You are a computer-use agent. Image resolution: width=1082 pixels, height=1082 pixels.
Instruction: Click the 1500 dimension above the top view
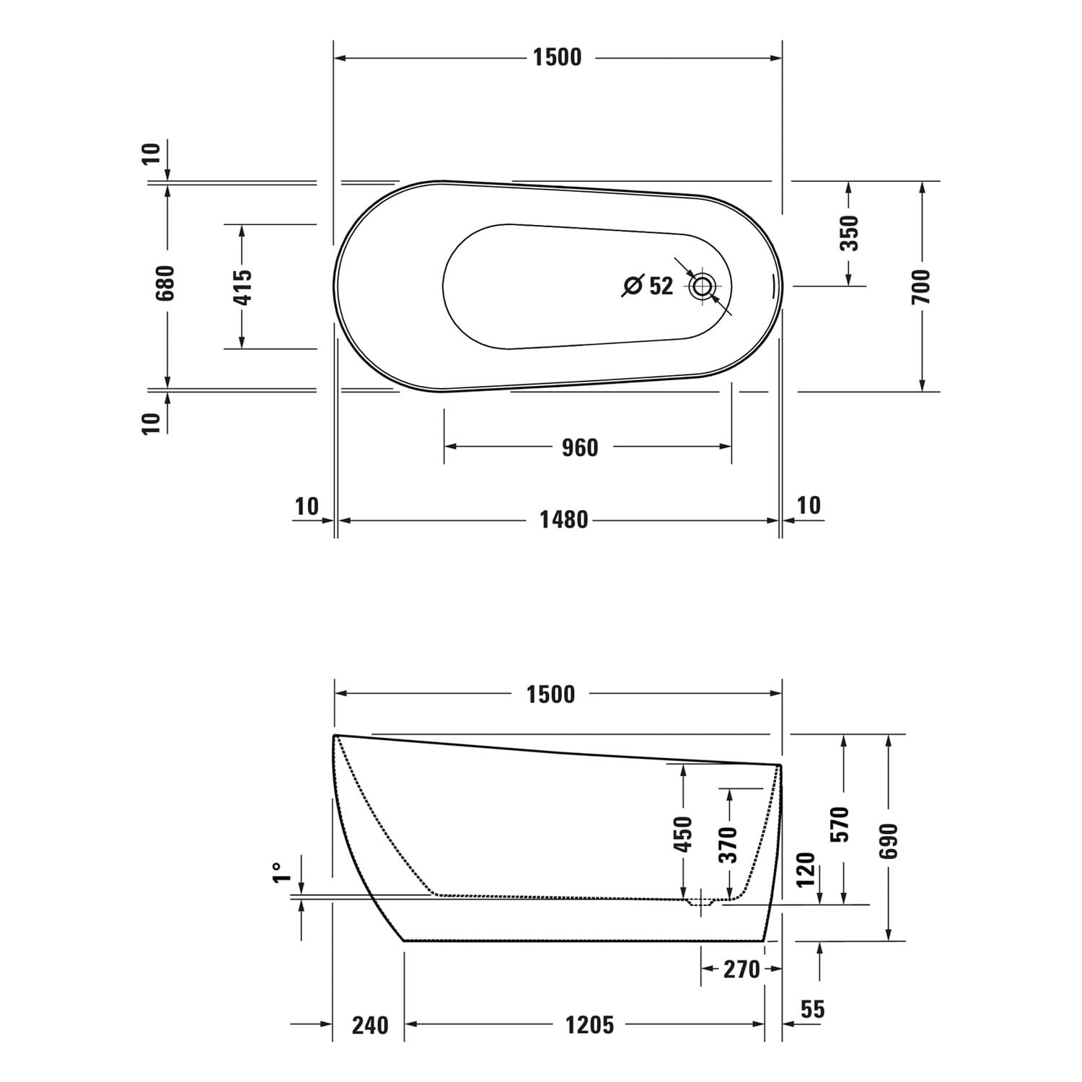pos(557,57)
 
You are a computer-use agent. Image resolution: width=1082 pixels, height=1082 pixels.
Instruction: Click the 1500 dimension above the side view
pos(550,694)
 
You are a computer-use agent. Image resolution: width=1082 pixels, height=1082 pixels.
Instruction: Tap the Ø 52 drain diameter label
pos(647,286)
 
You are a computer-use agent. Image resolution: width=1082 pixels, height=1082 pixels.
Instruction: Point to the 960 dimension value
pos(580,447)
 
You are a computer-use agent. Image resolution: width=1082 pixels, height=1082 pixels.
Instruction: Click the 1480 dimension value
pos(564,519)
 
